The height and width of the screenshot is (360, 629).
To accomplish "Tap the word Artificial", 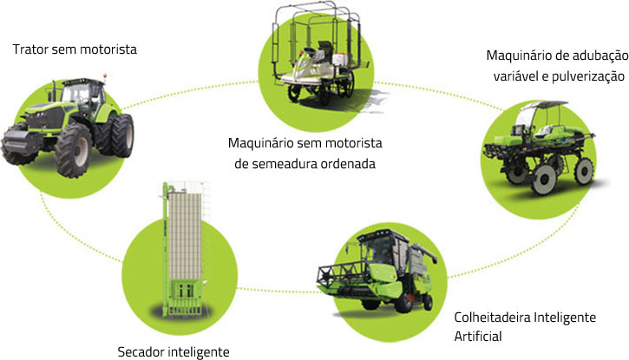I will tap(479, 335).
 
